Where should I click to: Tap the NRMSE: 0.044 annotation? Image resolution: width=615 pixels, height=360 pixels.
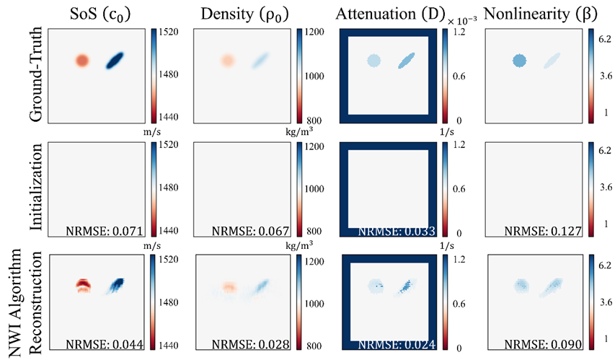click(105, 345)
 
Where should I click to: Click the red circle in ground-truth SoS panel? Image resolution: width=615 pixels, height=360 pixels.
click(81, 61)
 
